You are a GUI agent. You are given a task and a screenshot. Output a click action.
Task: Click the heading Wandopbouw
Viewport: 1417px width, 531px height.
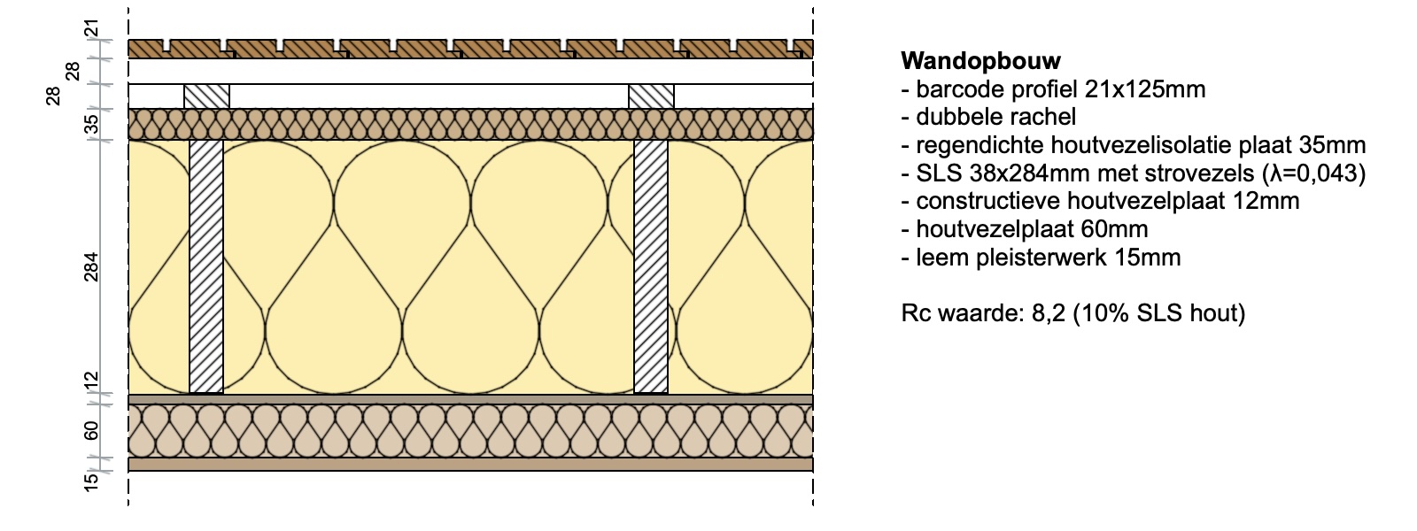[980, 61]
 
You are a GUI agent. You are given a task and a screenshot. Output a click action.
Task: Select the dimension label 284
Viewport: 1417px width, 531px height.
[91, 266]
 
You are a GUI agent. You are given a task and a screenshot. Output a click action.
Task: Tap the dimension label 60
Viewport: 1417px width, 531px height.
[91, 430]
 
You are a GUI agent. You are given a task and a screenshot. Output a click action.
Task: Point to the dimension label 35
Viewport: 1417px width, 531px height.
[92, 124]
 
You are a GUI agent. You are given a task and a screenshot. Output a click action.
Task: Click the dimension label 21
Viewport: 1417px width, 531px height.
[92, 28]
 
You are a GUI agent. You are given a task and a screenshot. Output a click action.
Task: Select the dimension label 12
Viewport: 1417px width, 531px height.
[91, 381]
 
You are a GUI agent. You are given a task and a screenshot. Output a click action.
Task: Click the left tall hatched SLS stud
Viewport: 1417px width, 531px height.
[206, 266]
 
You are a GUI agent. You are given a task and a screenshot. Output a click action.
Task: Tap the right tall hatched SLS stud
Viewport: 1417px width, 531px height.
[651, 266]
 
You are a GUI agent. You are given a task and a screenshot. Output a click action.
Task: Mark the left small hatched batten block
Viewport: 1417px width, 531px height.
[207, 96]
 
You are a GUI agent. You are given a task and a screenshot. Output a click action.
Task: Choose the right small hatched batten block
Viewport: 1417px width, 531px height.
[651, 96]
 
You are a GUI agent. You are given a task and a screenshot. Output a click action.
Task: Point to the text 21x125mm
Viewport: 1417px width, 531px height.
[1145, 89]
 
